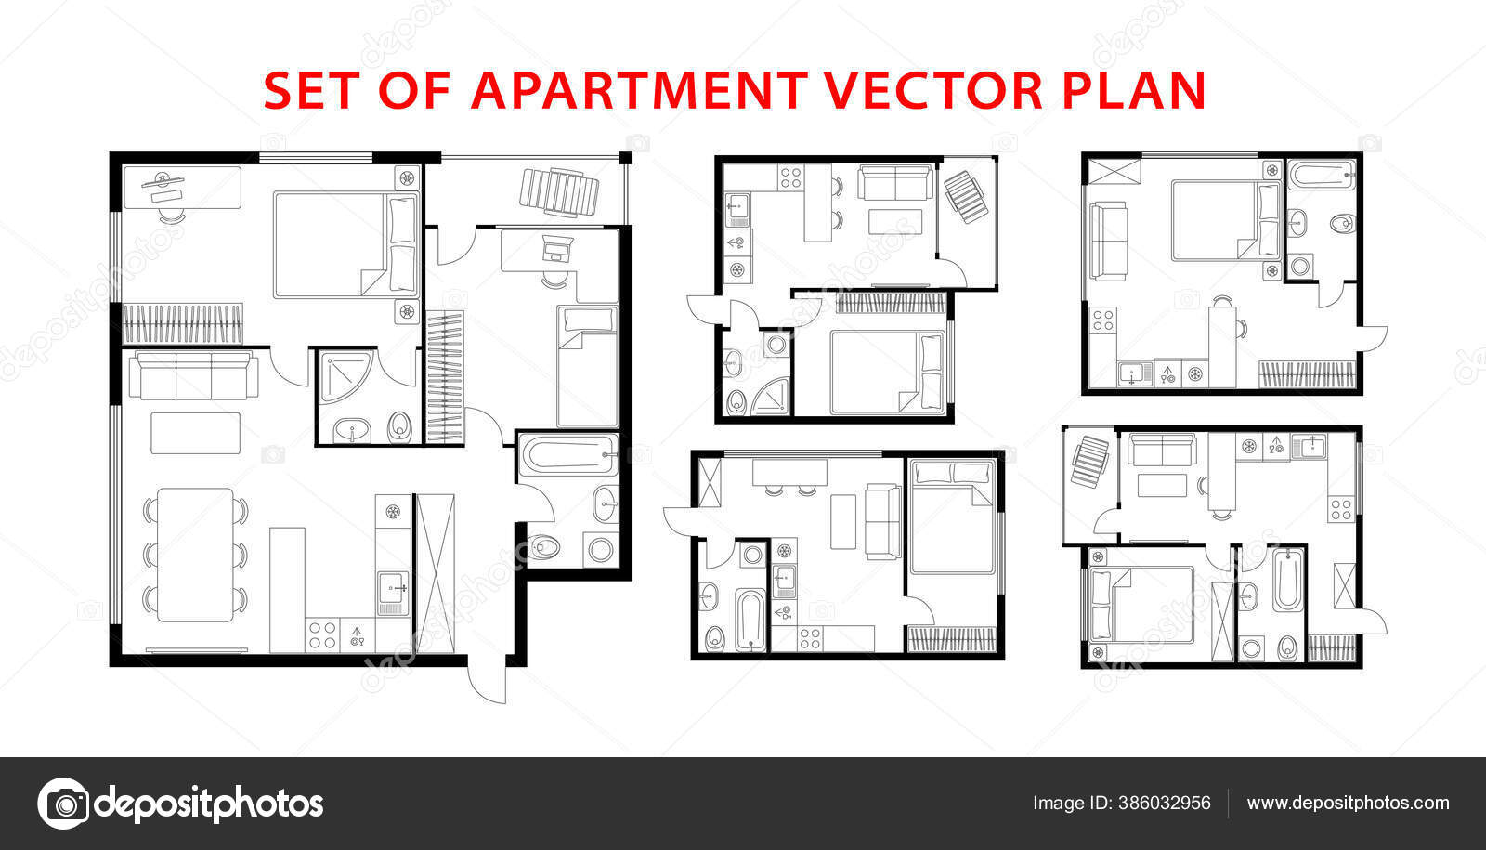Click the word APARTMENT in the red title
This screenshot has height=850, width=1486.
[639, 90]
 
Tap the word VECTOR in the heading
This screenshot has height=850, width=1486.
[934, 90]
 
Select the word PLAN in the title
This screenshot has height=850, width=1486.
[1134, 90]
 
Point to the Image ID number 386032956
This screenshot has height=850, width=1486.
[1165, 803]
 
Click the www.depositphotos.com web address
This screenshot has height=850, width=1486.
[1348, 803]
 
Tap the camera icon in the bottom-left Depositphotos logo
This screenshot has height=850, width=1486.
[64, 804]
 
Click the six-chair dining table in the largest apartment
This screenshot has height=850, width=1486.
[195, 555]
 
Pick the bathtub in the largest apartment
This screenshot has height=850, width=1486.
[567, 454]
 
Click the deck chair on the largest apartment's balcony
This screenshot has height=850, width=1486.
[559, 192]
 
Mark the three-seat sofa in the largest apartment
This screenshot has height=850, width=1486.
[194, 375]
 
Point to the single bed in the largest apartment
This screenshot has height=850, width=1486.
[588, 366]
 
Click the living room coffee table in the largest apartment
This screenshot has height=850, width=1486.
[196, 433]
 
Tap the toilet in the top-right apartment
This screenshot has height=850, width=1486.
[1342, 223]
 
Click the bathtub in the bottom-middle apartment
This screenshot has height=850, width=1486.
[750, 620]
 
